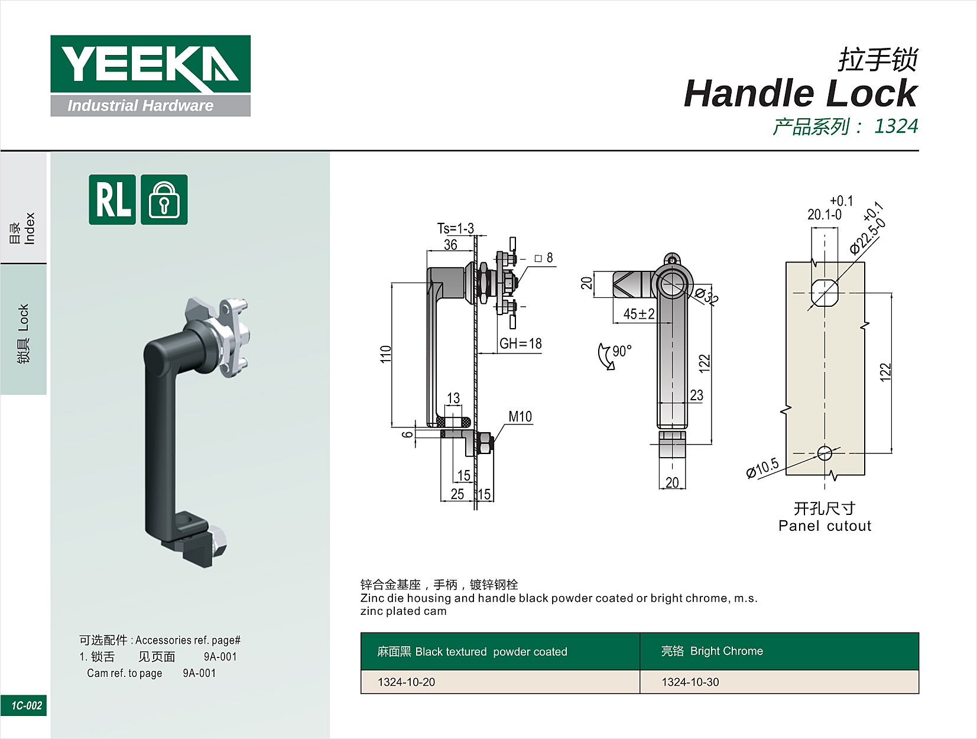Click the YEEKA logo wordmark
tap(150, 64)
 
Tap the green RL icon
tap(112, 199)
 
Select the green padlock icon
tap(164, 199)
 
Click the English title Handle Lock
tap(801, 93)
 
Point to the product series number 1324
tap(896, 127)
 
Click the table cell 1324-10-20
tap(407, 682)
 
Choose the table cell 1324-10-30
tap(690, 682)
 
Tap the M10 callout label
tap(520, 417)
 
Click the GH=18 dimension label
tap(521, 343)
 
